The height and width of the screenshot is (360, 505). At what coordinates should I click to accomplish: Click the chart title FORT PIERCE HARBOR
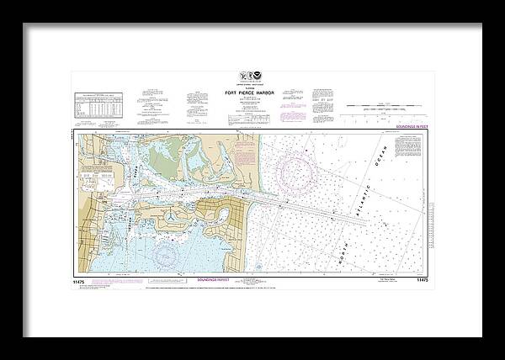252,93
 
